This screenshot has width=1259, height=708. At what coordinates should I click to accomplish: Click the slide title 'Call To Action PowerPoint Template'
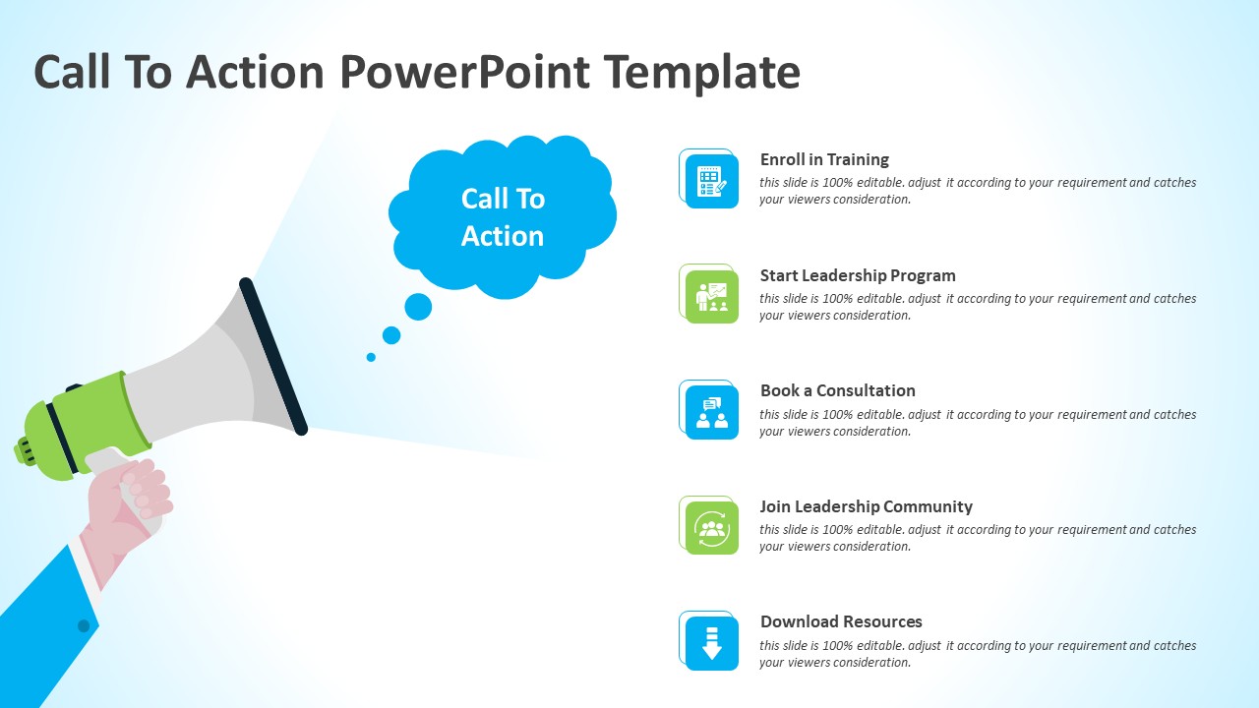tap(417, 73)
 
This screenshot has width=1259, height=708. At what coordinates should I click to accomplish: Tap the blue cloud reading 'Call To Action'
tap(503, 216)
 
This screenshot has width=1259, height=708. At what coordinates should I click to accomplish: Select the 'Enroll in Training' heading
tap(824, 159)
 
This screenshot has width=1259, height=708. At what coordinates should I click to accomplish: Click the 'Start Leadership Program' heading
tap(858, 275)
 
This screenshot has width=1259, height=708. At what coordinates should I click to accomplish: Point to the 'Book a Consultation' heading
tap(837, 390)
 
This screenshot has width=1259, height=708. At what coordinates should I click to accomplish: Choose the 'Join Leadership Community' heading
tap(866, 506)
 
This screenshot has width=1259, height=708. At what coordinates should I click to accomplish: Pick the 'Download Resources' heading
tap(841, 621)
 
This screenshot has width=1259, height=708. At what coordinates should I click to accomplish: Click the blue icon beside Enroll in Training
tap(711, 181)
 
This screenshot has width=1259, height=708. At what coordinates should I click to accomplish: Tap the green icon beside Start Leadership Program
tap(711, 297)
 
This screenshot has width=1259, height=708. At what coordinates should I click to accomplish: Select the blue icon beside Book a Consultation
tap(711, 412)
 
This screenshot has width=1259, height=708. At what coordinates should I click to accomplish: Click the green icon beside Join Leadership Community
tap(711, 528)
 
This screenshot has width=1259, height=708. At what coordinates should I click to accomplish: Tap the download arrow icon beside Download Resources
tap(711, 643)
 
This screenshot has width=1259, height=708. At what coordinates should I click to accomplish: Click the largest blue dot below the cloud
tap(418, 307)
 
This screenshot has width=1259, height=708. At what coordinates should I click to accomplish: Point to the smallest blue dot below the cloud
tap(371, 357)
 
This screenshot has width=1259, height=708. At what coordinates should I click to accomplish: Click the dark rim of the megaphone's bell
tap(273, 356)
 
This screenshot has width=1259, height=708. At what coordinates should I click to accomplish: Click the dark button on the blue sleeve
tap(84, 625)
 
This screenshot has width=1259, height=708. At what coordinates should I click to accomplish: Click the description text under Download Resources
tap(977, 654)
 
